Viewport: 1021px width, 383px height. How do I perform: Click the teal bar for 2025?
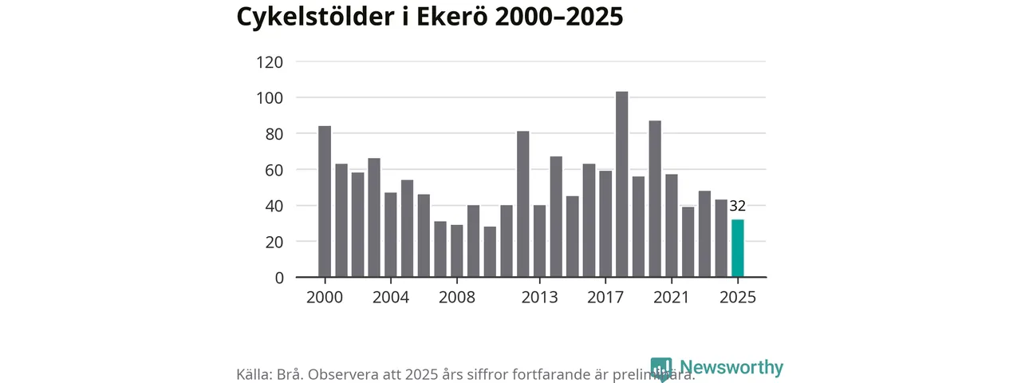pos(738,248)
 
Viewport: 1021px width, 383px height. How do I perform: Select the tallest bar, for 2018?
pos(622,184)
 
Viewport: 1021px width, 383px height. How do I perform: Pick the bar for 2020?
pos(655,199)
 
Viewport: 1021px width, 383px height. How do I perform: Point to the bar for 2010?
pos(490,252)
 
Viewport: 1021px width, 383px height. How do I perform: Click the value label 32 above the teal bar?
pos(738,207)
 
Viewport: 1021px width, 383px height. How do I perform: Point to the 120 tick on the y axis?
pos(269,62)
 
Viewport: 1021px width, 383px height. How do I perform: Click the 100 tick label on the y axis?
pos(269,98)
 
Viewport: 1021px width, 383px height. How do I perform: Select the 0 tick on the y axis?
pos(279,278)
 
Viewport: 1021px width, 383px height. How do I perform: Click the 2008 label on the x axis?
pos(457,298)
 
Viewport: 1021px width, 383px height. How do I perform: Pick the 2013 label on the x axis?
pos(539,298)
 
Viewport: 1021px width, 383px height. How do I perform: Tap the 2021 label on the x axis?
pos(672,298)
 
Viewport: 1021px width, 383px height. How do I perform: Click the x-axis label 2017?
pos(605,298)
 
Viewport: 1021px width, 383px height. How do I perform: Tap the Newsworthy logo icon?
pos(661,369)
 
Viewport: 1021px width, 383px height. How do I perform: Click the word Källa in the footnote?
pos(253,375)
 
